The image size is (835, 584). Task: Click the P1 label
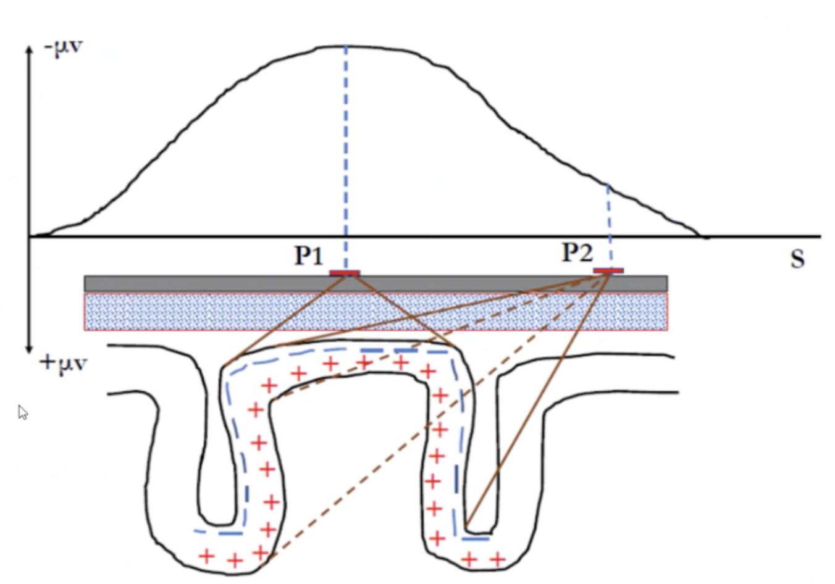pos(308,254)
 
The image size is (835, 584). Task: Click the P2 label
pos(577,252)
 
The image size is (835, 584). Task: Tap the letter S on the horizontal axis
pos(797,259)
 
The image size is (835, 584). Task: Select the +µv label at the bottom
pos(63,363)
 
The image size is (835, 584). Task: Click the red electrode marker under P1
pos(345,273)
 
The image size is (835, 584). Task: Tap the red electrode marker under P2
pos(608,270)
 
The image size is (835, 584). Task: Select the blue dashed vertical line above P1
pos(345,154)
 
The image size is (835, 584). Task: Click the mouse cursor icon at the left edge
pos(22,412)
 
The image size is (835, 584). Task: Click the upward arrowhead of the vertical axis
pos(28,49)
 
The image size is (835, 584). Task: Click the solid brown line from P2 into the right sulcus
pos(537,401)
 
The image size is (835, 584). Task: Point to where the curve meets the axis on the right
pos(700,235)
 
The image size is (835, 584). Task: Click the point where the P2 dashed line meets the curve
pos(608,184)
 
